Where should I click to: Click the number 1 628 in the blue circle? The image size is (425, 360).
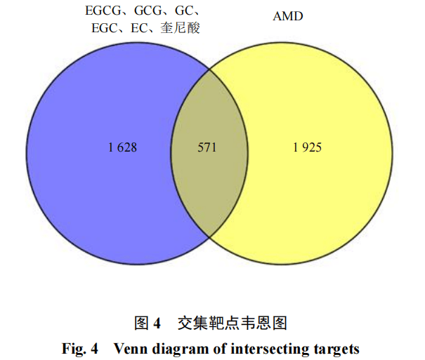[x=122, y=148]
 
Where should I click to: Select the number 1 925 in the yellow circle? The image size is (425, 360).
[x=307, y=148]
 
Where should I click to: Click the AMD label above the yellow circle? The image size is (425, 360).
[x=288, y=15]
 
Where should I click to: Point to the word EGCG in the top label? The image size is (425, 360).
[x=101, y=13]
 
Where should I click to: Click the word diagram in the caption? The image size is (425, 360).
[x=175, y=348]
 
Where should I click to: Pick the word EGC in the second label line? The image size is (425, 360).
[x=105, y=29]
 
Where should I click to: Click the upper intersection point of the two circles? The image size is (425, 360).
[x=210, y=69]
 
